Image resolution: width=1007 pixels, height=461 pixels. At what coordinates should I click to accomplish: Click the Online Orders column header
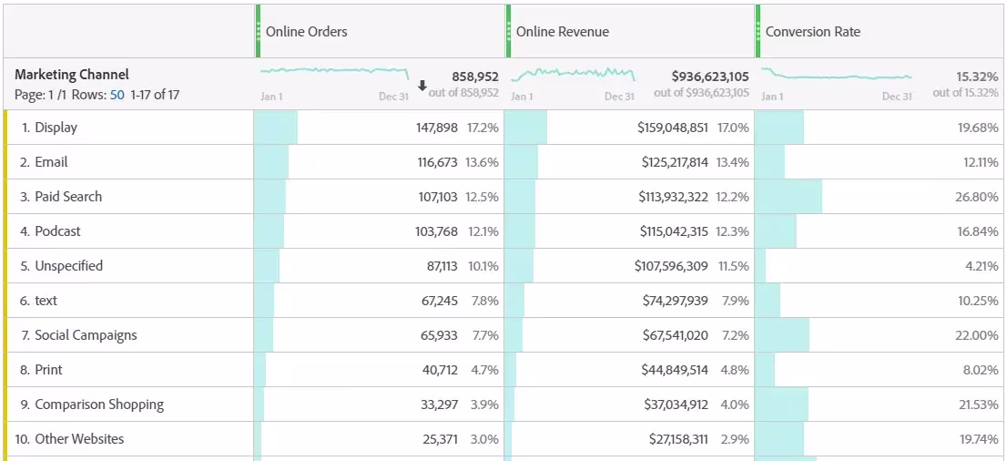[306, 32]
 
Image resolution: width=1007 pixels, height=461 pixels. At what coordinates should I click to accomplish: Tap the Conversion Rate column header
[812, 32]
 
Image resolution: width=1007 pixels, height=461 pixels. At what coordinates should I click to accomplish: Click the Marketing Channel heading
[71, 75]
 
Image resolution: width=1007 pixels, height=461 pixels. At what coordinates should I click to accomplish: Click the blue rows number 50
[117, 95]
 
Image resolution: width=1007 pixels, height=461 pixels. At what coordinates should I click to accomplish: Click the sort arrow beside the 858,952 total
[422, 86]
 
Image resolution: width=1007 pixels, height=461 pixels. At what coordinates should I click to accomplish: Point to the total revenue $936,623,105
[709, 77]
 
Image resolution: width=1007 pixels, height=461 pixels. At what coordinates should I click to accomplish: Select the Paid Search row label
[68, 197]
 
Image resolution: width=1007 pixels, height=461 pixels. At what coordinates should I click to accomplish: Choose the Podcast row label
[57, 231]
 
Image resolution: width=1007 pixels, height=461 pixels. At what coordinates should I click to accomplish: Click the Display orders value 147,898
[437, 128]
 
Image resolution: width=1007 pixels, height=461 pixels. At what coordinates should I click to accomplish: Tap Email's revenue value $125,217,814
[675, 162]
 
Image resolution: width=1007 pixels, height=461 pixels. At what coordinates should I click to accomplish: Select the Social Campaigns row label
[86, 335]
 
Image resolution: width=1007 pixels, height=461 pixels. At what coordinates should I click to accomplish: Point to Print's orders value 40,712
[440, 370]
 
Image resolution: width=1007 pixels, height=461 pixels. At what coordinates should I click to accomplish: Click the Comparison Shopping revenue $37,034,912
[676, 405]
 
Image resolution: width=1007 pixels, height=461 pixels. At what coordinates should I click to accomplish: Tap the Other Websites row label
[79, 440]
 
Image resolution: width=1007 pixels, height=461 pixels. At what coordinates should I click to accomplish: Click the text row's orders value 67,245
[440, 301]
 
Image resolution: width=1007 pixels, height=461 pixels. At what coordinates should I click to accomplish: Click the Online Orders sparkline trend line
[334, 70]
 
